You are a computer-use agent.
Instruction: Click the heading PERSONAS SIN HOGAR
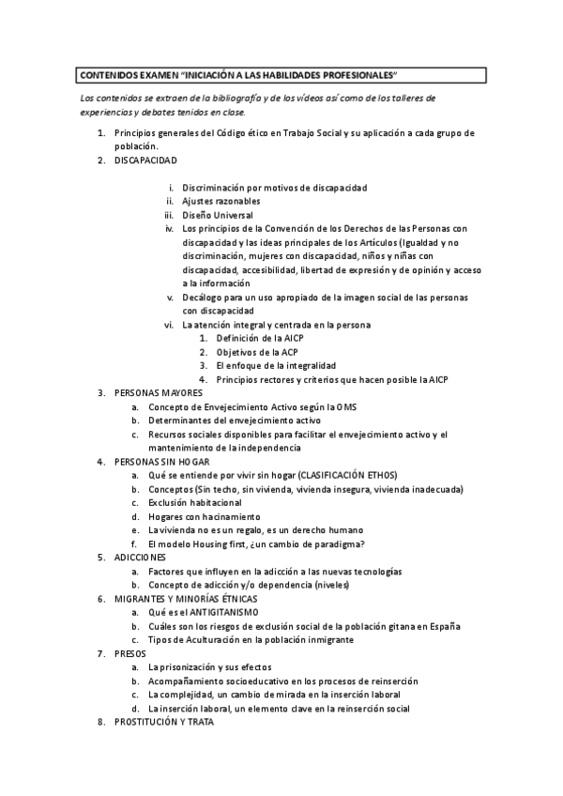(162, 462)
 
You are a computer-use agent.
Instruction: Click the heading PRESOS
(130, 652)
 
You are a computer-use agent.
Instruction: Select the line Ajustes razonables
(221, 201)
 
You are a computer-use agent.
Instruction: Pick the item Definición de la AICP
(260, 338)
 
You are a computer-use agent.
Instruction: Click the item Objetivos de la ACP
(256, 352)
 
